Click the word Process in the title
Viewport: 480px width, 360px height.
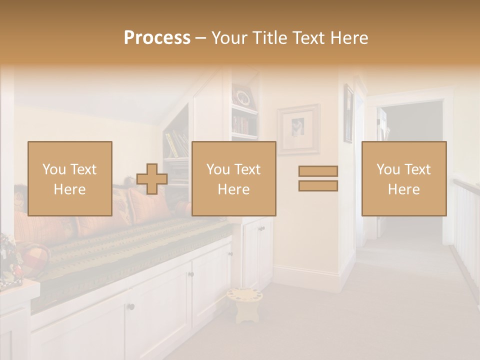click(157, 38)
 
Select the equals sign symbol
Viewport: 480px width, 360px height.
click(318, 178)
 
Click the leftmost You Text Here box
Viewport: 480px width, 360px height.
click(70, 178)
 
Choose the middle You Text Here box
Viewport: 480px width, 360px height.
click(233, 178)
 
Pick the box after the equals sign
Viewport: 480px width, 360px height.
click(404, 178)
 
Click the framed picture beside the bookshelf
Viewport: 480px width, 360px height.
click(298, 128)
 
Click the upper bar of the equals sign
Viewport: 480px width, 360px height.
click(318, 171)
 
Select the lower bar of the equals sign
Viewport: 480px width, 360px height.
click(318, 186)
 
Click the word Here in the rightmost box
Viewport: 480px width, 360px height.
click(404, 189)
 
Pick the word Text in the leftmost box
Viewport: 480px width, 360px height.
click(83, 169)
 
